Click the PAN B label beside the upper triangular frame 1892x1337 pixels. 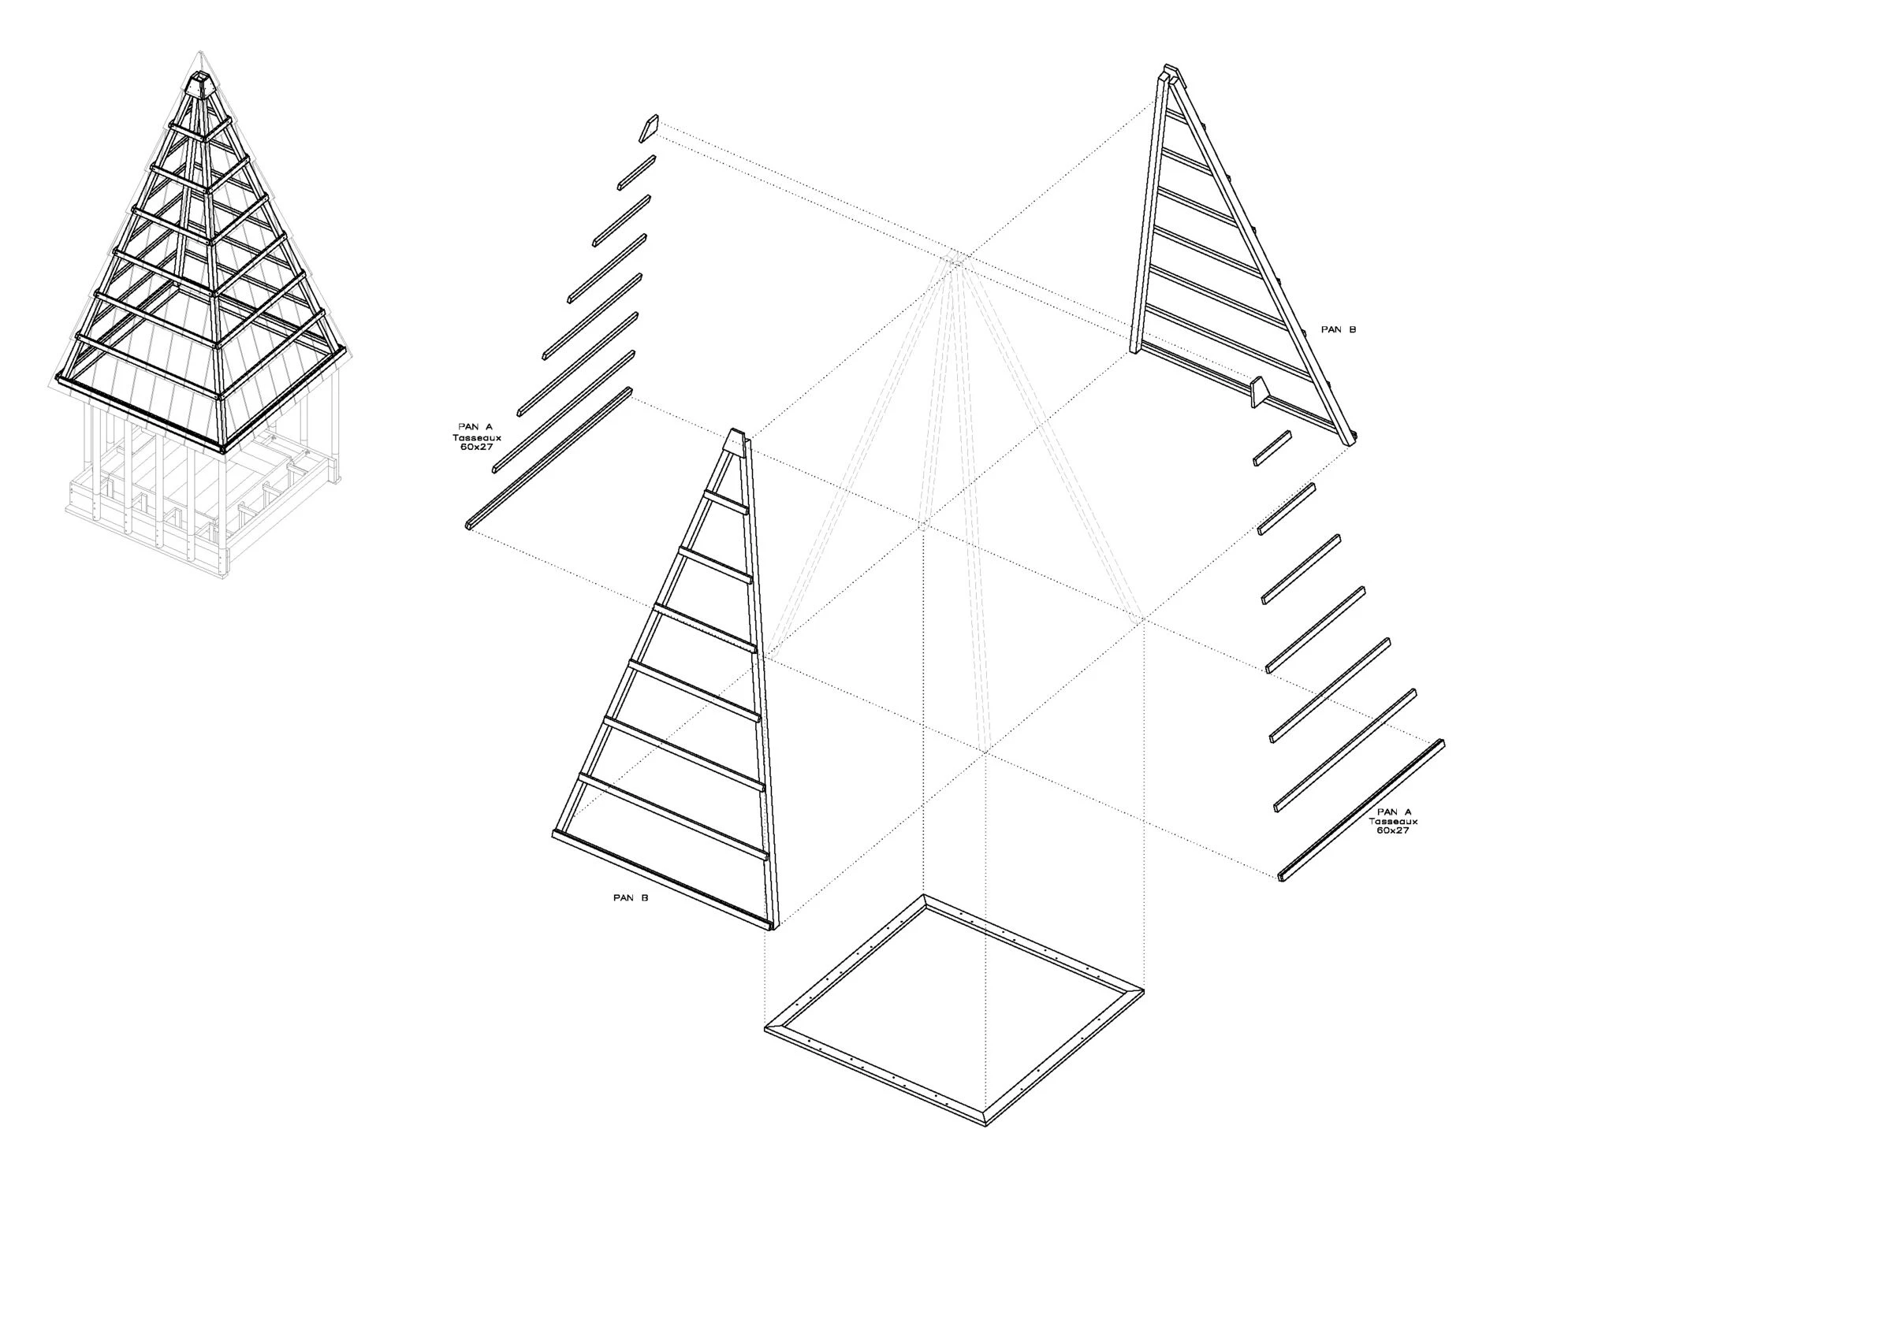[x=1339, y=329]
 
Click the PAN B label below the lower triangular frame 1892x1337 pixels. [x=631, y=898]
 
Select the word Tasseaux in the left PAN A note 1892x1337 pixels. [x=476, y=437]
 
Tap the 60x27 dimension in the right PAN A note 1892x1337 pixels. [x=1394, y=830]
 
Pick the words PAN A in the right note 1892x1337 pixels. [x=1395, y=812]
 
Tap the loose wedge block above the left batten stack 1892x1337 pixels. [x=650, y=128]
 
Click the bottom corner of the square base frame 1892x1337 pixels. [x=986, y=1126]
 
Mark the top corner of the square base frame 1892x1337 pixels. [x=924, y=895]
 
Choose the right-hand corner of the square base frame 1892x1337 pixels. [x=1143, y=990]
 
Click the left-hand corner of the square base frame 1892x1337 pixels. [x=765, y=1028]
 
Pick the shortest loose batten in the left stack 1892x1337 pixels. [x=637, y=173]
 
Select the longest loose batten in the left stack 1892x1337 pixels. [x=549, y=459]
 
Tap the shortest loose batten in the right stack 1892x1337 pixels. [x=1272, y=448]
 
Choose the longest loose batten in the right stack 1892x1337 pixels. [x=1361, y=810]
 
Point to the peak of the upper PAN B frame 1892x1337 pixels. [x=1168, y=69]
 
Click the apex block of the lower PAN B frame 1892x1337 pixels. [x=736, y=440]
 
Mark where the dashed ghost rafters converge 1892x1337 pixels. [x=955, y=262]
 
